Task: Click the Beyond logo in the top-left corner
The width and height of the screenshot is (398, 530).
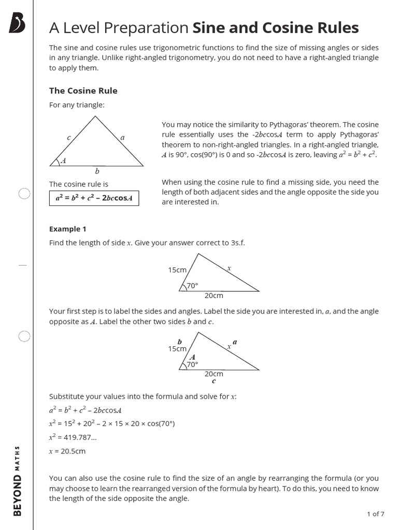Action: coord(17,24)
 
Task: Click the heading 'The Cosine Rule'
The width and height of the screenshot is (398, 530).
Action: coord(83,91)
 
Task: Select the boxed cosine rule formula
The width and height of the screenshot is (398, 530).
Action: coord(94,198)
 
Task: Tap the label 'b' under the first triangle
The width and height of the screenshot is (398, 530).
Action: coord(97,171)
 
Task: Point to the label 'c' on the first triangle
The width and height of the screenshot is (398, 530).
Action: coord(68,137)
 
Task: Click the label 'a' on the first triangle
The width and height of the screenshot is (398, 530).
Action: coord(122,138)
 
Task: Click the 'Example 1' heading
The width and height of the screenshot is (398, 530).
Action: coord(65,229)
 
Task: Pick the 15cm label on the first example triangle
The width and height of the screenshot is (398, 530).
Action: coord(177,270)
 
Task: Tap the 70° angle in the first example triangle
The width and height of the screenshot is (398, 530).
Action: coord(192,285)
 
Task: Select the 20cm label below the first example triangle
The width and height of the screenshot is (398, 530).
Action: coord(214,296)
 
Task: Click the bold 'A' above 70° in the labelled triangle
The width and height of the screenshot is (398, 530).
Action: coord(192,357)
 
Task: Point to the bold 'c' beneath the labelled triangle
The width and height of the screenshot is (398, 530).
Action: coord(214,381)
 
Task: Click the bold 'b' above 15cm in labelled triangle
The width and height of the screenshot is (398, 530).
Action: coord(180,342)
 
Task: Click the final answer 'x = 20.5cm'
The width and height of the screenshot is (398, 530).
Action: coord(67,451)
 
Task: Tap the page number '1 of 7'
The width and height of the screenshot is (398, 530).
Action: coord(375,514)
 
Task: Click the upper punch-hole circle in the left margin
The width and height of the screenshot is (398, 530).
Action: coord(24,194)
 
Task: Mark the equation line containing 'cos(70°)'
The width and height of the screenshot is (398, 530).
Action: coord(112,424)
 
